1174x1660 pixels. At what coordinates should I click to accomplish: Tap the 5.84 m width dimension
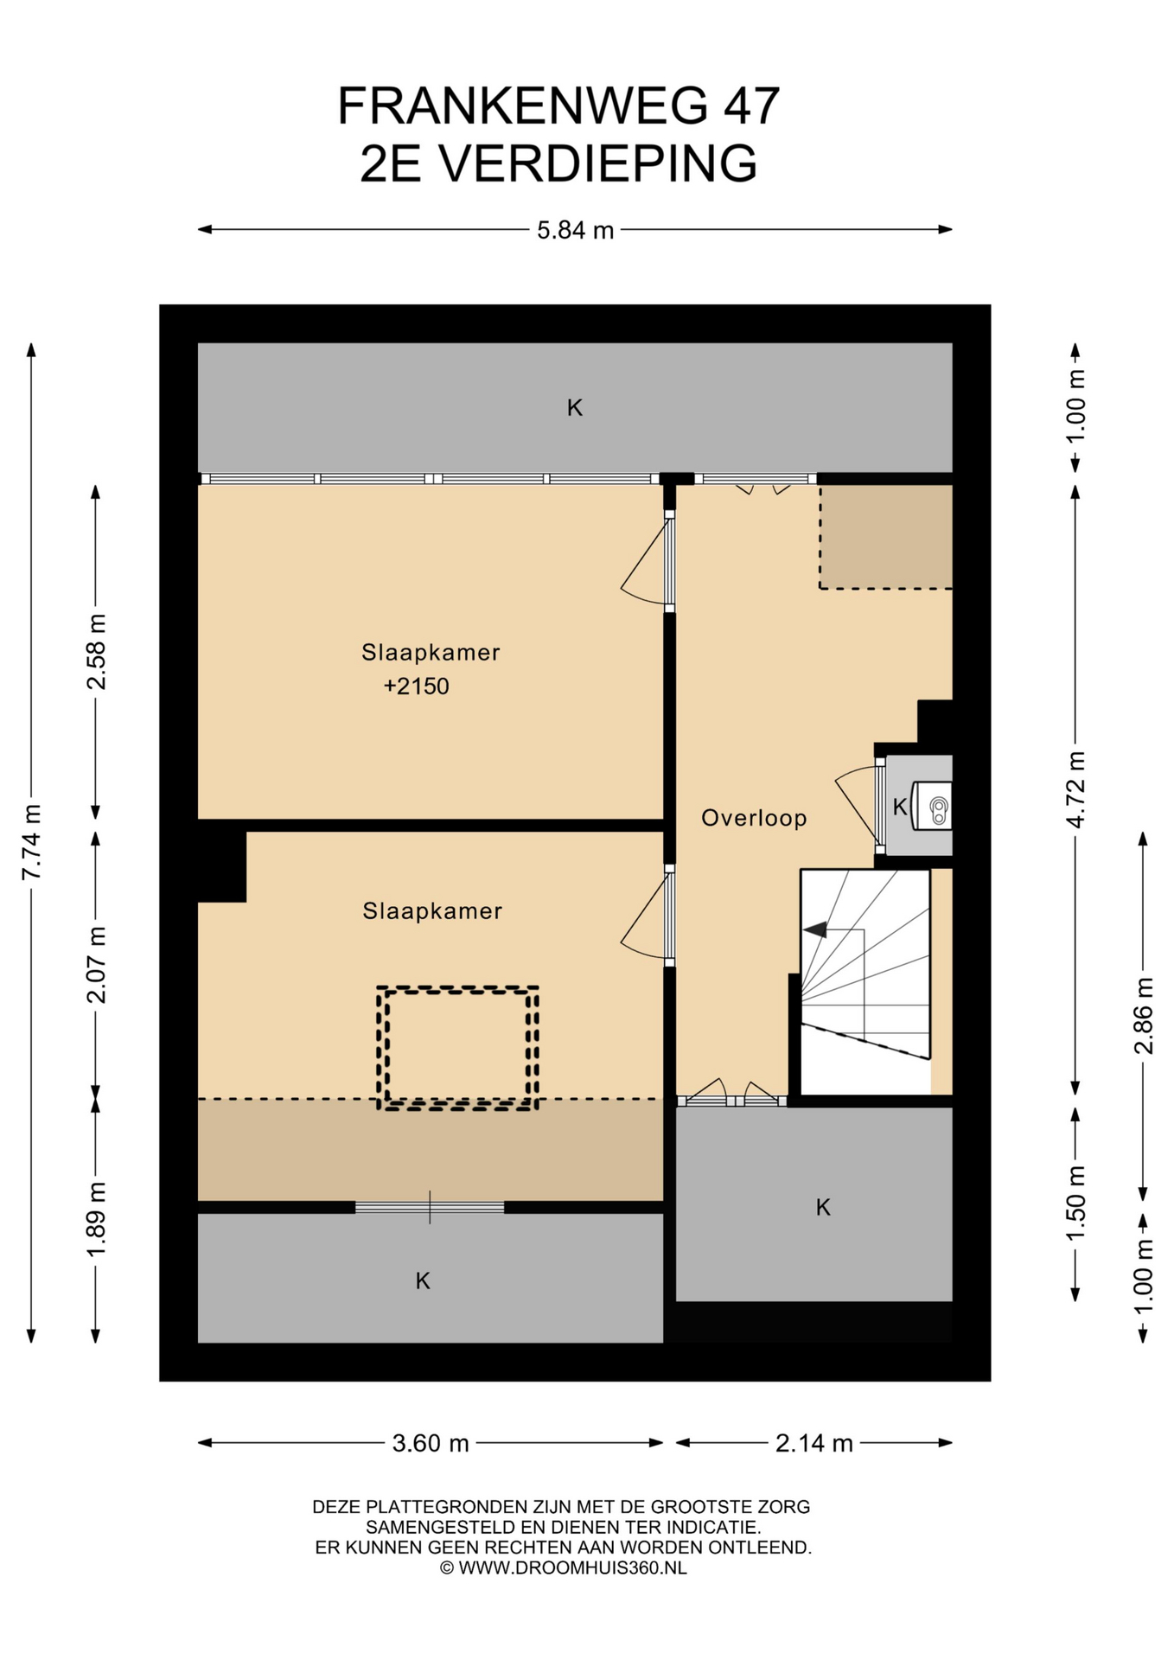[x=575, y=230]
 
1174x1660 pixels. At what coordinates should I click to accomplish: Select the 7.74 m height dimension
[x=31, y=842]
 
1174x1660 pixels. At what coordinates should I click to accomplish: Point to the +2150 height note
[x=417, y=686]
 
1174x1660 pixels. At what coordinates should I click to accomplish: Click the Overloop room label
[x=754, y=818]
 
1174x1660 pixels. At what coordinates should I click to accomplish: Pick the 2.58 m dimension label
[x=96, y=651]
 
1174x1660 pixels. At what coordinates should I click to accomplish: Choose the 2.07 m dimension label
[x=96, y=964]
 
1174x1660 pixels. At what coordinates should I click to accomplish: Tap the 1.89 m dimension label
[x=96, y=1220]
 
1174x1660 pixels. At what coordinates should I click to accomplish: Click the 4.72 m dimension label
[x=1075, y=789]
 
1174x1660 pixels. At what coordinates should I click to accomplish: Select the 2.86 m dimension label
[x=1143, y=1015]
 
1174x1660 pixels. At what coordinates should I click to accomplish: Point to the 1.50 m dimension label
[x=1075, y=1203]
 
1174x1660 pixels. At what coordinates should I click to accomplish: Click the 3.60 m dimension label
[x=431, y=1443]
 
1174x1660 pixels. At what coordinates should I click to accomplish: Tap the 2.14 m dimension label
[x=814, y=1443]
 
